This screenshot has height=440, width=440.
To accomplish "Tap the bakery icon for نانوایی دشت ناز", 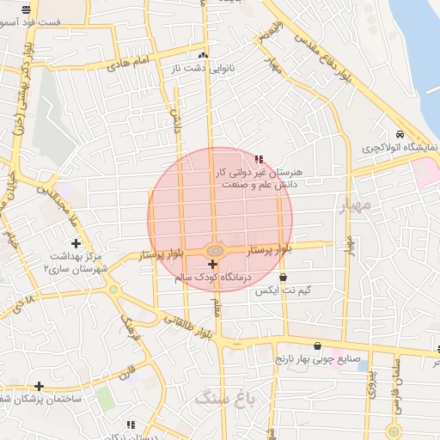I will tap(202, 55).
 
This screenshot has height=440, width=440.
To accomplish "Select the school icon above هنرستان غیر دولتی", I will tap(260, 158).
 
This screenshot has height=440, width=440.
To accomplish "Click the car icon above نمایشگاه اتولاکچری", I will tap(400, 135).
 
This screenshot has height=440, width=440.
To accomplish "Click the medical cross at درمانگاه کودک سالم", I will tap(213, 264).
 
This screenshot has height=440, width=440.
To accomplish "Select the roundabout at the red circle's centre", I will tap(215, 250).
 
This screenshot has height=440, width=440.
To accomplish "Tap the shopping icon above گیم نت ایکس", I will tap(284, 277).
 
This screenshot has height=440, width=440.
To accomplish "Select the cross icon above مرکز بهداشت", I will tap(76, 243).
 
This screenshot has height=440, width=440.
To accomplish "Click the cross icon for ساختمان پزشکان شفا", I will tap(38, 386).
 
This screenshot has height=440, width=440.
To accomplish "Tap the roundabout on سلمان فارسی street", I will tap(393, 430).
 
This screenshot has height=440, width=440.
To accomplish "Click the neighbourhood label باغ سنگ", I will tap(217, 396).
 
